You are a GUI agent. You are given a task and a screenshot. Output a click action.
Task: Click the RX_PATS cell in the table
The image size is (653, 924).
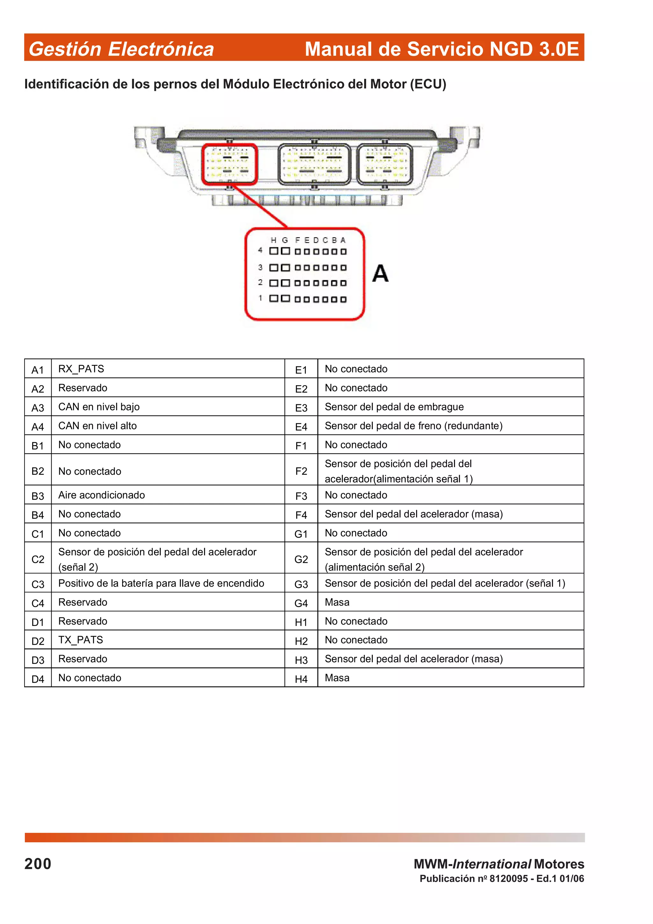tap(81, 369)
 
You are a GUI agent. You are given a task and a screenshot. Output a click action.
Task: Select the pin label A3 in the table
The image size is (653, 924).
tap(38, 408)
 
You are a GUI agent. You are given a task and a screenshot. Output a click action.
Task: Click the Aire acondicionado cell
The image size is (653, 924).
tap(101, 495)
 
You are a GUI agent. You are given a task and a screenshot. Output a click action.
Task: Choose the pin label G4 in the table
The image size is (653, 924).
tap(301, 603)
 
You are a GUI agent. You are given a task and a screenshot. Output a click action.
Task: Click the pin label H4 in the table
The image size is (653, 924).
tap(301, 679)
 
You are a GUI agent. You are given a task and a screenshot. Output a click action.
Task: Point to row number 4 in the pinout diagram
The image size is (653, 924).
tap(260, 250)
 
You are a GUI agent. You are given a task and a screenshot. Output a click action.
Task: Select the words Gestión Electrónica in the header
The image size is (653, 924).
tap(121, 49)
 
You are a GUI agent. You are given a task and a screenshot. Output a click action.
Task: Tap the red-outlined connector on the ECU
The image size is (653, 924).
tap(229, 164)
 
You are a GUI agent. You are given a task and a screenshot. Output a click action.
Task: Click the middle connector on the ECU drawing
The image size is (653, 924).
tap(314, 164)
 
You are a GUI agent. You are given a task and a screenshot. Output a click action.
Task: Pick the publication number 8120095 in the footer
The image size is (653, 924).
tap(508, 878)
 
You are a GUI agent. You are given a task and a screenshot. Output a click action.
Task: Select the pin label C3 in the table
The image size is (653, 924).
tap(38, 584)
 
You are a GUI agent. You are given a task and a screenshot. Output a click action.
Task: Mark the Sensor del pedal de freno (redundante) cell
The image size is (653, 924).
tap(413, 425)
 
